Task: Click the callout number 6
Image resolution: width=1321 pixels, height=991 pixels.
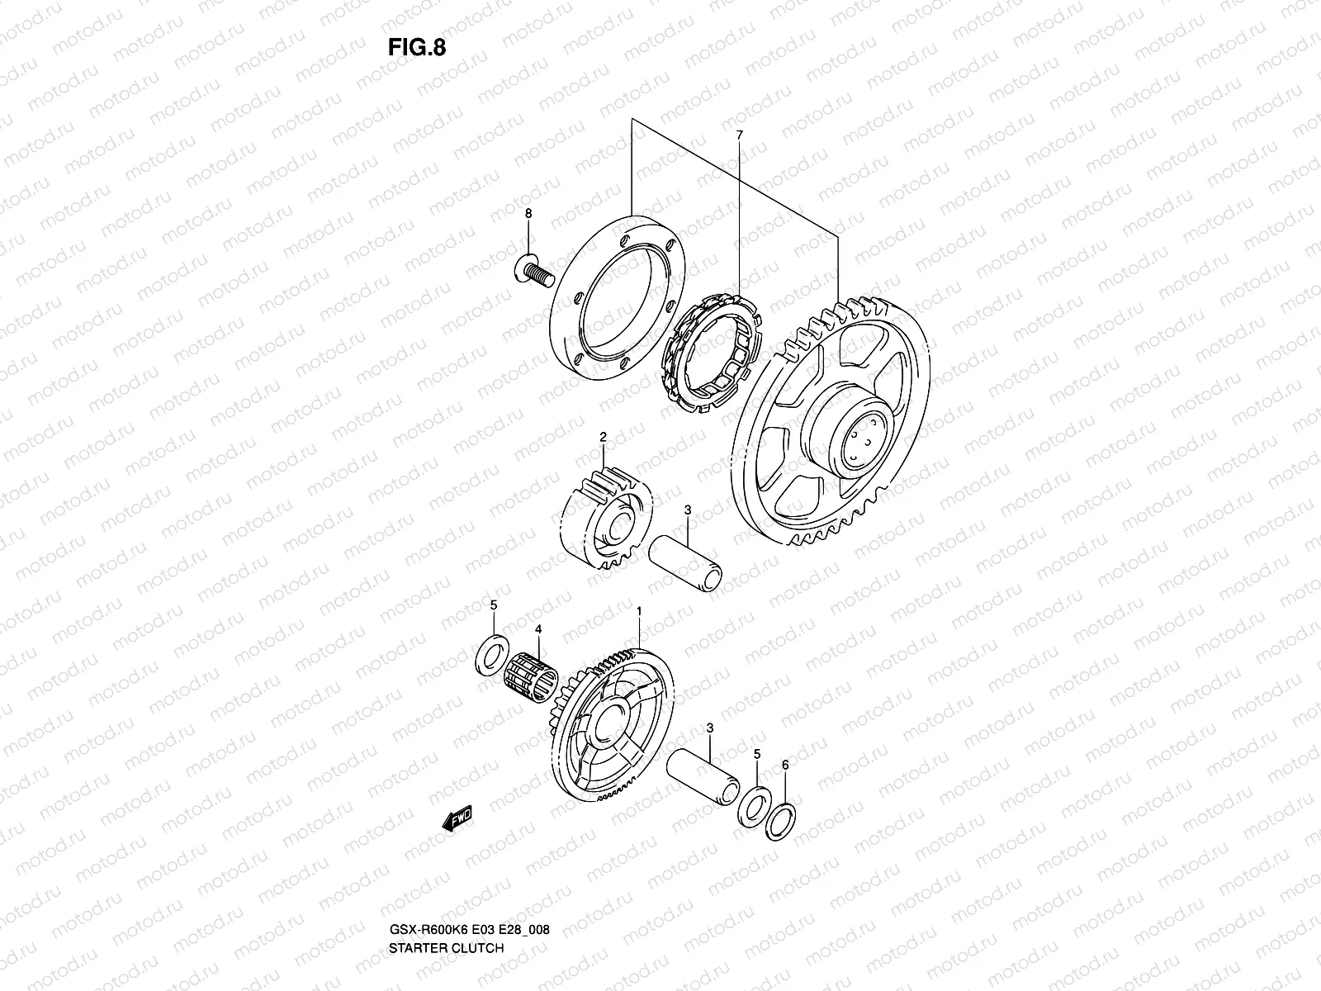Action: [x=785, y=766]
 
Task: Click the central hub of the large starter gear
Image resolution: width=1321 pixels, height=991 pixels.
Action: [x=854, y=441]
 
